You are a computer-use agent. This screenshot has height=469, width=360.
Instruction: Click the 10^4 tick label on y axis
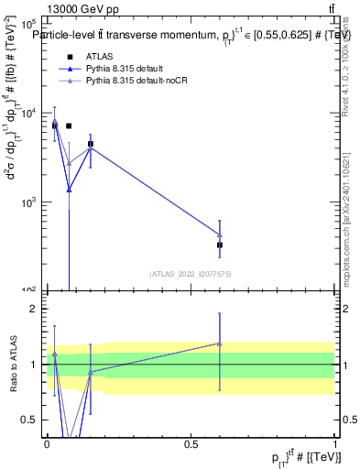pyautogui.click(x=31, y=113)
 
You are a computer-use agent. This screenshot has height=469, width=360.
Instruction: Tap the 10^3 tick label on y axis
pyautogui.click(x=31, y=202)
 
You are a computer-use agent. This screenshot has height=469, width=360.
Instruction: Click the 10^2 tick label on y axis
pyautogui.click(x=31, y=289)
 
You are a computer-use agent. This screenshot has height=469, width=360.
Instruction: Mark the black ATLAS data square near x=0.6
pyautogui.click(x=219, y=245)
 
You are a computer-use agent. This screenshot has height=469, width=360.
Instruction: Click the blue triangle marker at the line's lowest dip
pyautogui.click(x=69, y=190)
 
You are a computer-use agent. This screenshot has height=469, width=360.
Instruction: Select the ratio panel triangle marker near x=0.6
pyautogui.click(x=219, y=344)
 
